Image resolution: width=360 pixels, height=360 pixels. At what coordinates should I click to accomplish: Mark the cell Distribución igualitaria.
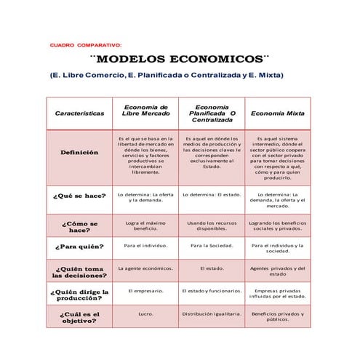(x=212, y=314)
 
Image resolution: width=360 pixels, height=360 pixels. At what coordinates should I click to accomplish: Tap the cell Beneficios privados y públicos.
(x=278, y=317)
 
